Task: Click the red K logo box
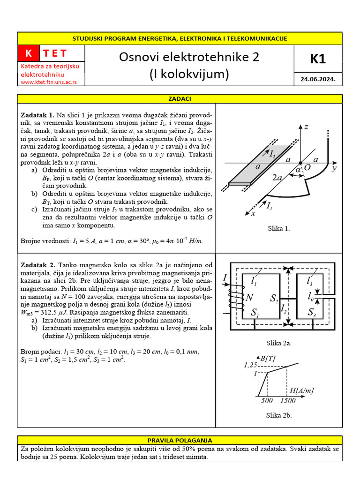click(29, 53)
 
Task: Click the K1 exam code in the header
click(317, 59)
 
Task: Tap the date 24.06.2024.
click(317, 79)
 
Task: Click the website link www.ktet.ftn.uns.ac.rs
click(52, 82)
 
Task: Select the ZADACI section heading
click(180, 99)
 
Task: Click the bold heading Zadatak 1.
click(37, 115)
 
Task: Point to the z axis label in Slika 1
click(306, 127)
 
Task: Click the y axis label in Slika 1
click(335, 168)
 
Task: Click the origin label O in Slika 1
click(307, 167)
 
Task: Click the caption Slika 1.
click(279, 229)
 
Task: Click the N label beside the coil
click(249, 297)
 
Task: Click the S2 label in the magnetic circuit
click(274, 298)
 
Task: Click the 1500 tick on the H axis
click(287, 401)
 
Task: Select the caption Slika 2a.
click(279, 343)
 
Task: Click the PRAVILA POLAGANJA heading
click(180, 441)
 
